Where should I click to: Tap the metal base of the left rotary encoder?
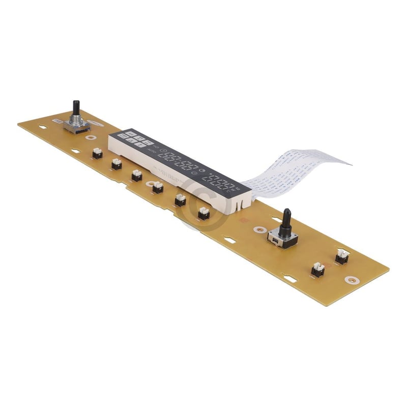pyautogui.click(x=77, y=125)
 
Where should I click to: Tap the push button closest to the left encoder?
pyautogui.click(x=97, y=153)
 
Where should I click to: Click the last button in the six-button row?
pyautogui.click(x=203, y=213)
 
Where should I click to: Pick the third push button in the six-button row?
pyautogui.click(x=137, y=176)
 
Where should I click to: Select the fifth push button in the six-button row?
pyautogui.click(x=180, y=200)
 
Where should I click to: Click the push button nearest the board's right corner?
pyautogui.click(x=341, y=257)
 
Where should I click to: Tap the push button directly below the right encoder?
pyautogui.click(x=317, y=270)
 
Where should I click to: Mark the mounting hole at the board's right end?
pyautogui.click(x=351, y=279)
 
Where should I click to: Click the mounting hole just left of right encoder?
pyautogui.click(x=260, y=230)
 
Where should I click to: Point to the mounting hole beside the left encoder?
pyautogui.click(x=91, y=137)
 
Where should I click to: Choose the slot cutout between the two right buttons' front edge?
pyautogui.click(x=289, y=278)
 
